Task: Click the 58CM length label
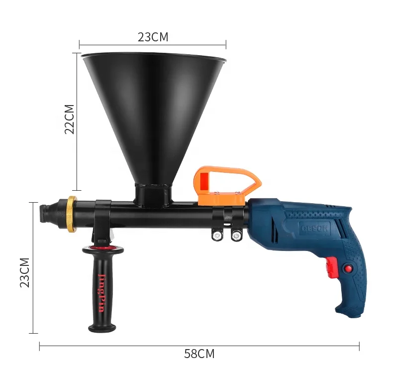[199, 354]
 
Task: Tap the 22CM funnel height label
[69, 119]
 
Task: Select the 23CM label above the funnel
[153, 37]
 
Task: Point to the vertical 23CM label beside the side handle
[24, 272]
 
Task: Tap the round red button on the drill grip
[348, 269]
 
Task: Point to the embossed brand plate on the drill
[313, 227]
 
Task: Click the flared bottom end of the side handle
[102, 328]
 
